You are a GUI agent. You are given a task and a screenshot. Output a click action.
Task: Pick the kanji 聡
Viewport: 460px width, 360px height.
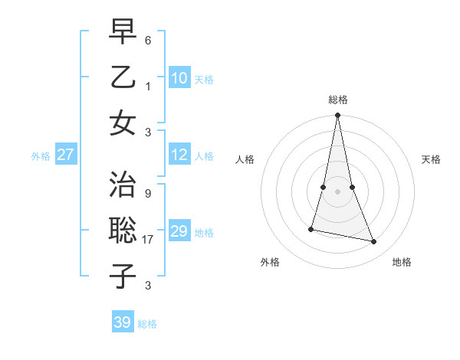click(123, 231)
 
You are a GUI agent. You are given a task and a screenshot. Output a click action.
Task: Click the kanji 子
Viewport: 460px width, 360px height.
click(123, 277)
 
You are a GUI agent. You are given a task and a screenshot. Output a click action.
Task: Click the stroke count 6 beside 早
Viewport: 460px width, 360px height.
click(148, 39)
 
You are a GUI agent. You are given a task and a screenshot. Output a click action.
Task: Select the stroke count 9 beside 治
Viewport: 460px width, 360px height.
click(148, 194)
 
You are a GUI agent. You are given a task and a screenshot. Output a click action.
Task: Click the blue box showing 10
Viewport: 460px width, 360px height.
click(179, 78)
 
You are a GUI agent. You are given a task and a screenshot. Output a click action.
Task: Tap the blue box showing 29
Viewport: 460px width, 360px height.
click(179, 232)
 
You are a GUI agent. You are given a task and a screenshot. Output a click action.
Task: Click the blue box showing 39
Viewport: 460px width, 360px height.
click(122, 322)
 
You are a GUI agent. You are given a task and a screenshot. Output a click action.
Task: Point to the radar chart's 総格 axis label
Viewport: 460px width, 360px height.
click(338, 100)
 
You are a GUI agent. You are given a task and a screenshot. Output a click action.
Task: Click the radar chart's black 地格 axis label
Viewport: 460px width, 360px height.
click(402, 263)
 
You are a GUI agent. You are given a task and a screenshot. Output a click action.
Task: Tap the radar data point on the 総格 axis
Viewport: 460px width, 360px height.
click(337, 116)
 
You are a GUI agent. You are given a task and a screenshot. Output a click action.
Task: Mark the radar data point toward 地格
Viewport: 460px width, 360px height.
click(374, 242)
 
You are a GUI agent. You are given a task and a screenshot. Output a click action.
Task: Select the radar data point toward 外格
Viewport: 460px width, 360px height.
click(311, 228)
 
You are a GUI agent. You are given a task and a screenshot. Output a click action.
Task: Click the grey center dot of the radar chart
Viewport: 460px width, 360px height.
click(337, 191)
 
